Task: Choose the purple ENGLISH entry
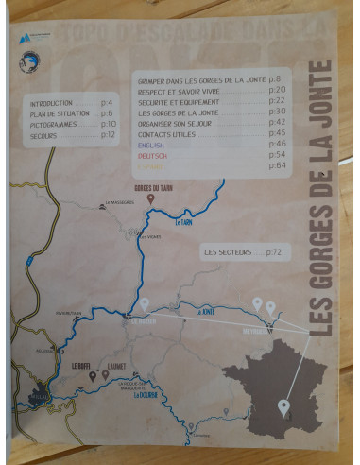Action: tap(152, 145)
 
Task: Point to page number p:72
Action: tap(274, 252)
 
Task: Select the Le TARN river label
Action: tap(185, 222)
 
